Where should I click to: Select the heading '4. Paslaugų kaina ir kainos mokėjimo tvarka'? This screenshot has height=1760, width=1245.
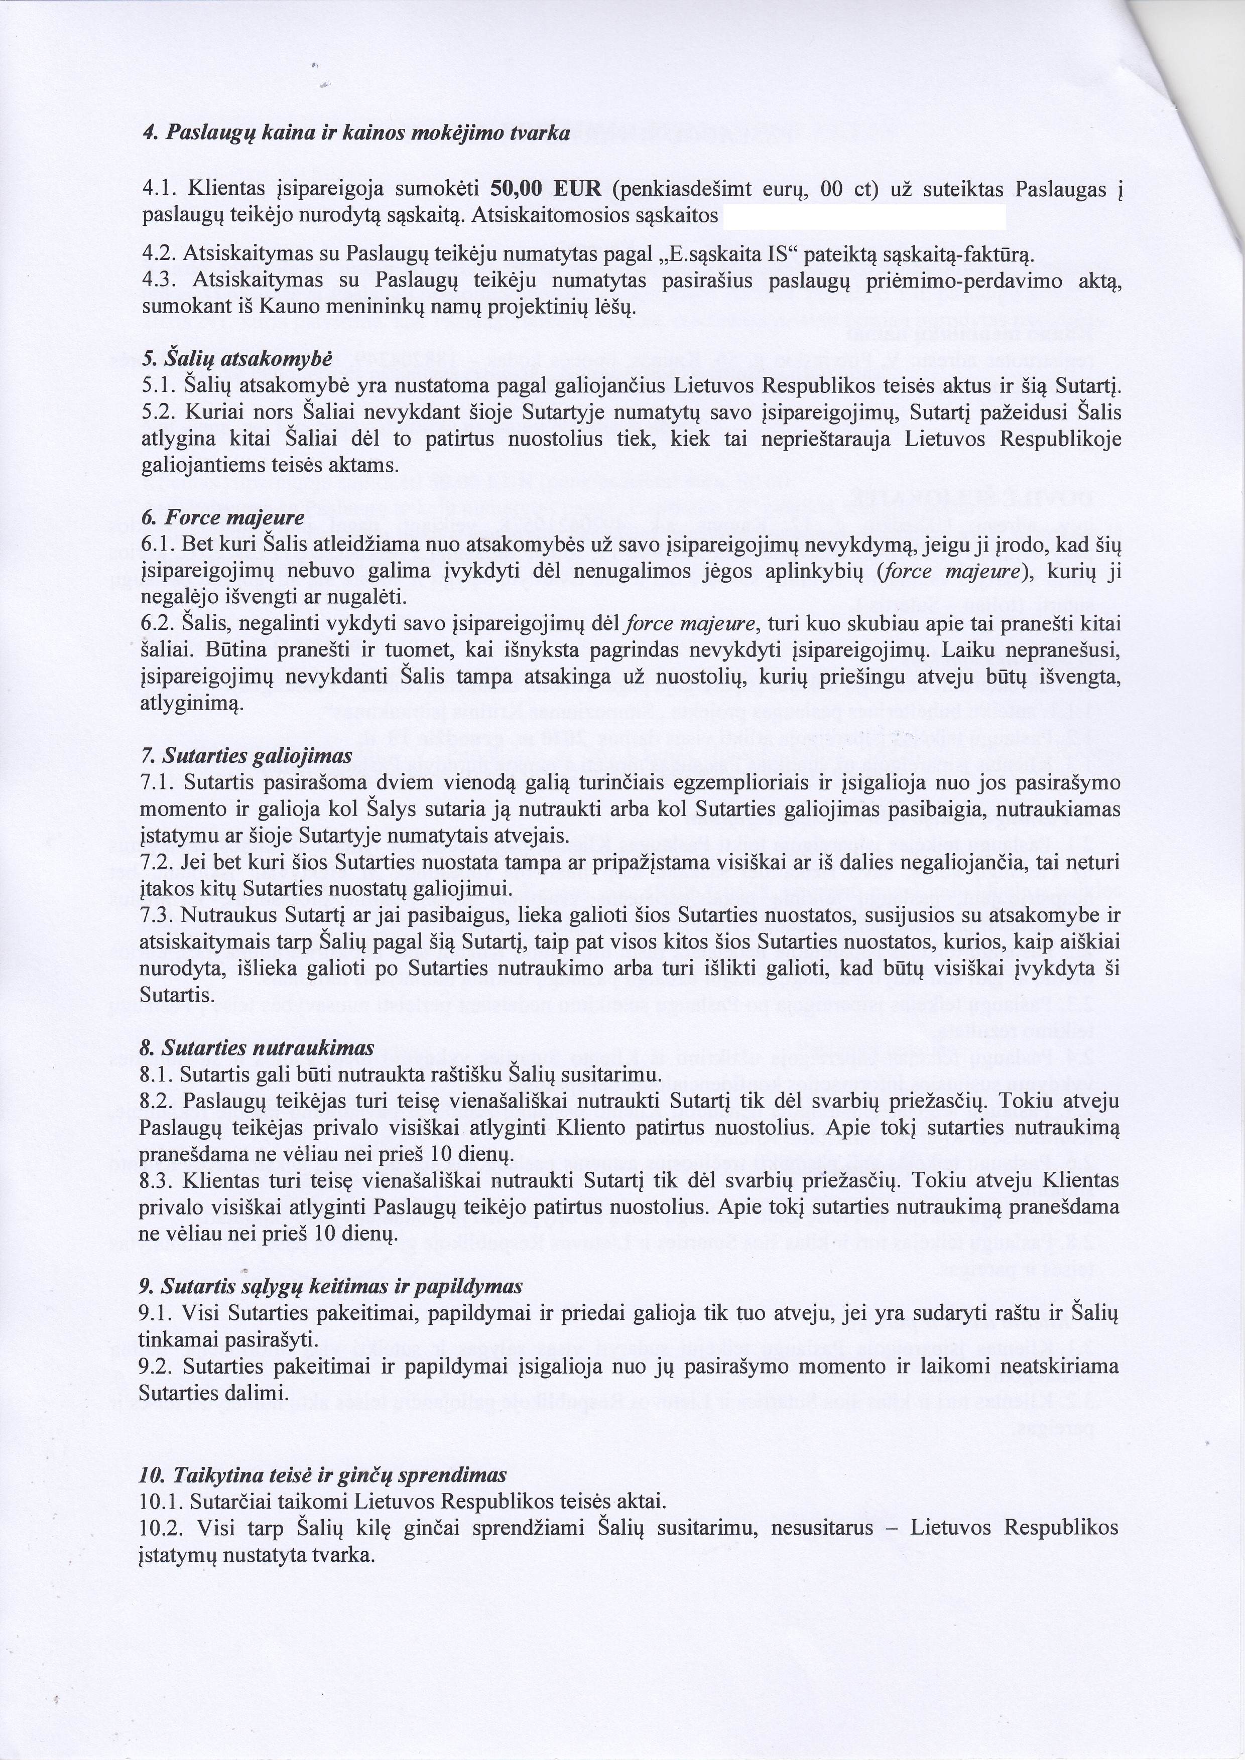[x=356, y=133]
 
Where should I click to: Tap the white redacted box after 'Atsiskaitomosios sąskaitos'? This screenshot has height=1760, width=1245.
[x=864, y=217]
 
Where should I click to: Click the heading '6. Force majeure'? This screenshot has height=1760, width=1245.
[x=223, y=518]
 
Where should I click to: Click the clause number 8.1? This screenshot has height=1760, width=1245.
[x=154, y=1074]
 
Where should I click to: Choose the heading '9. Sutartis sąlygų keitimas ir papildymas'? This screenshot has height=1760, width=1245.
[x=330, y=1286]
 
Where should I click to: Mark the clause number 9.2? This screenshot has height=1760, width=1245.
[x=154, y=1366]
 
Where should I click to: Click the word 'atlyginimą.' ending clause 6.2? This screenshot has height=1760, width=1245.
[x=191, y=703]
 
